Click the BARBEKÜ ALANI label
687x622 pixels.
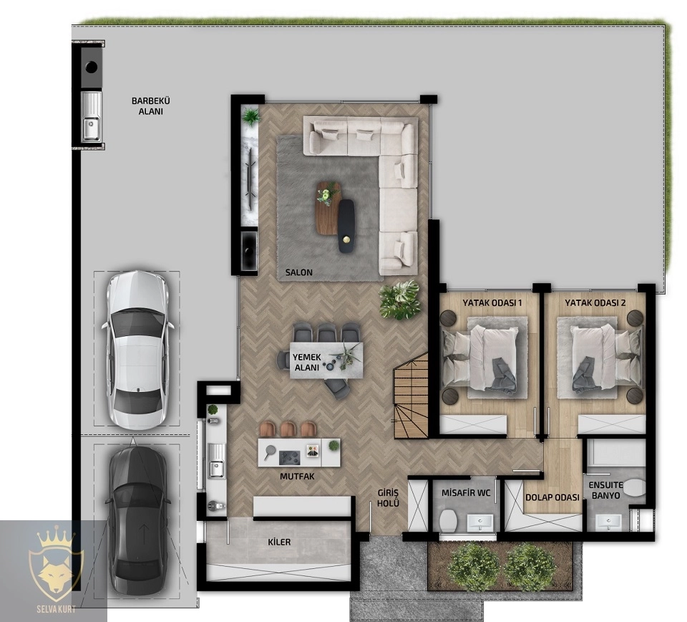151,106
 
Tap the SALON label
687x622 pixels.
299,272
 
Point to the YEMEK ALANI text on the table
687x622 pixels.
307,363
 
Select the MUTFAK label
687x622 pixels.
297,477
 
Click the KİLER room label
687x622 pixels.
279,542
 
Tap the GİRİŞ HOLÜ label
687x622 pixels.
388,498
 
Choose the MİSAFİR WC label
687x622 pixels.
466,493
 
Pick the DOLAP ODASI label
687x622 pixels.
552,497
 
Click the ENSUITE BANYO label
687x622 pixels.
605,490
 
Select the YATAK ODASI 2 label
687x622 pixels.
595,302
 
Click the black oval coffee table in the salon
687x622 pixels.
346,226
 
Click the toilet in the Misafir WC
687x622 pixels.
448,520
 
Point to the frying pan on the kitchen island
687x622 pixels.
268,451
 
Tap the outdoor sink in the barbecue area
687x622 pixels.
92,117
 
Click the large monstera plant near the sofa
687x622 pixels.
399,300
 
